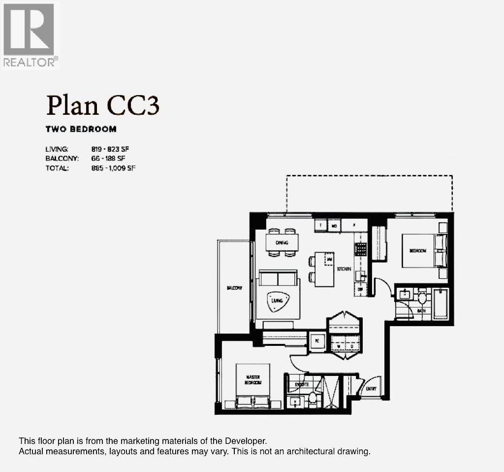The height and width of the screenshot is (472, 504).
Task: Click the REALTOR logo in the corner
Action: pos(31,35)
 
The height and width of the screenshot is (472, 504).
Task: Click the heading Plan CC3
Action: pos(102,106)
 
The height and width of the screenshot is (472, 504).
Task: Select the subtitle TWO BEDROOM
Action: pos(81,129)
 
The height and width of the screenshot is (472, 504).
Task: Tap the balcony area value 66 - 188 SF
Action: pos(111,159)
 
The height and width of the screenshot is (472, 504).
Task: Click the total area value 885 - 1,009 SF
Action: pos(114,168)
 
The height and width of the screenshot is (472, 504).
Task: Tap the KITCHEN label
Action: pos(344,269)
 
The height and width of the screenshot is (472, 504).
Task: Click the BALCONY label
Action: pos(234,288)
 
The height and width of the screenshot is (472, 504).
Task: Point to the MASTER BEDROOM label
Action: pos(253,379)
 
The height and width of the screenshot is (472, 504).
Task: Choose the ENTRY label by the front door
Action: pos(371,389)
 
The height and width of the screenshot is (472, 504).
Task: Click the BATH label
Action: pos(421,311)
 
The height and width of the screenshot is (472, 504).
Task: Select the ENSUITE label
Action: pos(301,384)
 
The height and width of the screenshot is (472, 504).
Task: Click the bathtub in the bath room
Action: pos(441,303)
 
